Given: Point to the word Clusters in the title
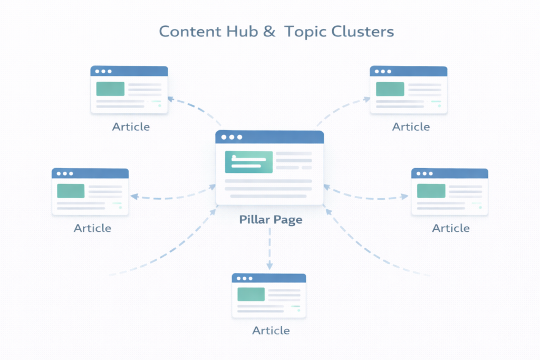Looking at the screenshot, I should point(363,32).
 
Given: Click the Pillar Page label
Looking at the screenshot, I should point(270,219).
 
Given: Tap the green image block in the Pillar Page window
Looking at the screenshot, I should point(248,162).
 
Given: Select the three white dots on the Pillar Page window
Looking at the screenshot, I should point(232,137).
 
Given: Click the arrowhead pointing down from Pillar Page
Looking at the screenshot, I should point(269,266).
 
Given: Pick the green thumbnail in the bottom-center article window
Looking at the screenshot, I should point(251,294).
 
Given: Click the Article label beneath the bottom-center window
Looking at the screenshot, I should point(271,330).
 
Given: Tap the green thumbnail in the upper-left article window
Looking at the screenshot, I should point(110,89).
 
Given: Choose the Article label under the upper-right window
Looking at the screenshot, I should point(411,127).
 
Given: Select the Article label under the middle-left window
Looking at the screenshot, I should point(92,228).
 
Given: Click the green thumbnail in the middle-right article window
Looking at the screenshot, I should point(431,191).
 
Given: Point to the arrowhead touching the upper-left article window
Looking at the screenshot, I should point(170,98).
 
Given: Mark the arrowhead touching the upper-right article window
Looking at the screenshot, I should point(367,99).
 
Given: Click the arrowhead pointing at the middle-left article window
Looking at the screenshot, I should point(134,197).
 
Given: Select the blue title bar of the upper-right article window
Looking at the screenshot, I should point(408,71).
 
